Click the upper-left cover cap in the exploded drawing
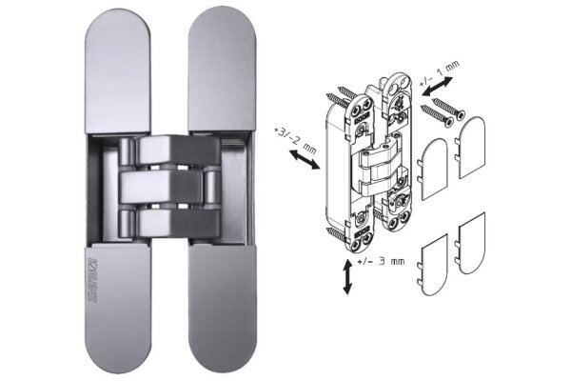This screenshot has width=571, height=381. tap(433, 168)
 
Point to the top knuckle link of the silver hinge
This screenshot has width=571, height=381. tap(167, 150)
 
